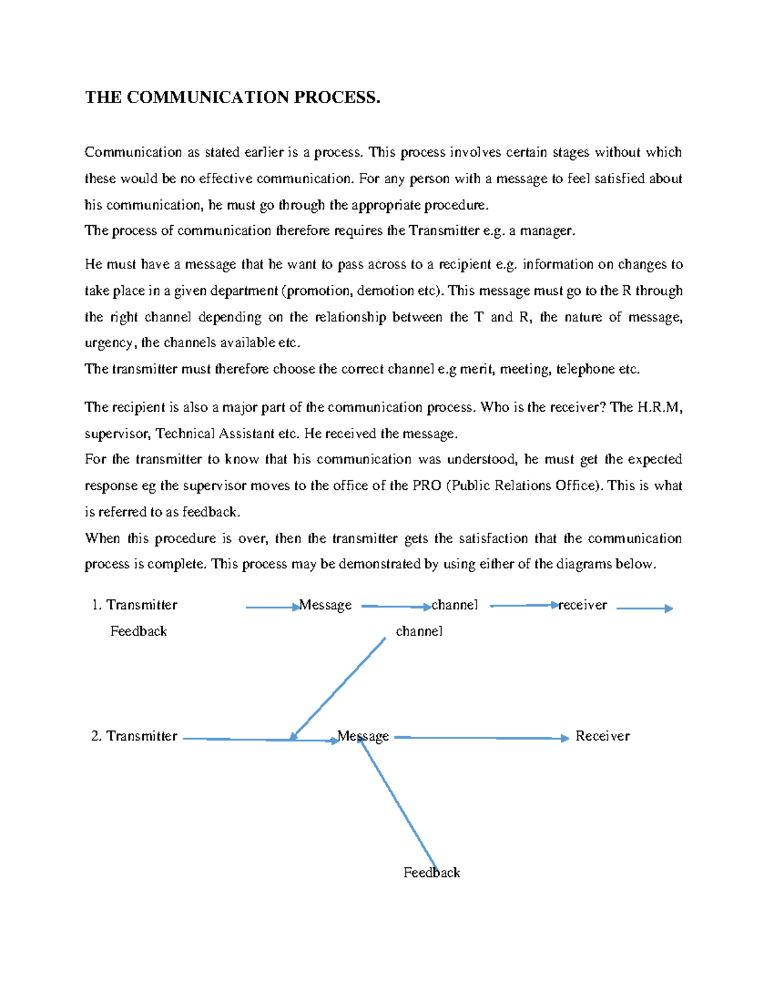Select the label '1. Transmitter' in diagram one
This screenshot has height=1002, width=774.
(x=134, y=605)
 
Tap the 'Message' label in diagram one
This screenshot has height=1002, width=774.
(x=326, y=605)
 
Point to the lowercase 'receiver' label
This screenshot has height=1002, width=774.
(x=582, y=605)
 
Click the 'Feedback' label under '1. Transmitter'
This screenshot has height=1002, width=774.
(x=139, y=631)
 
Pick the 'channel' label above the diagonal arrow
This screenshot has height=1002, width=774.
(x=419, y=631)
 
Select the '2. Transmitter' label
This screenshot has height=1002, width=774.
(x=134, y=736)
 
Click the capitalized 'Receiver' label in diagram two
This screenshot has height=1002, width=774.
(x=602, y=736)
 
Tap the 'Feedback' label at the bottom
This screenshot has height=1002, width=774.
(x=432, y=872)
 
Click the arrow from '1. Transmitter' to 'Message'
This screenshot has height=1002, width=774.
(x=272, y=607)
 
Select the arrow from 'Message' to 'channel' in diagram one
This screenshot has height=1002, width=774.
(x=395, y=606)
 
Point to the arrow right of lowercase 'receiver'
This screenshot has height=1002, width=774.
(x=644, y=608)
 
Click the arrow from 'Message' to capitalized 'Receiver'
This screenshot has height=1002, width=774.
(x=481, y=737)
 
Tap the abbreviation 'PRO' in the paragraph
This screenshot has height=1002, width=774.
(x=426, y=485)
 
